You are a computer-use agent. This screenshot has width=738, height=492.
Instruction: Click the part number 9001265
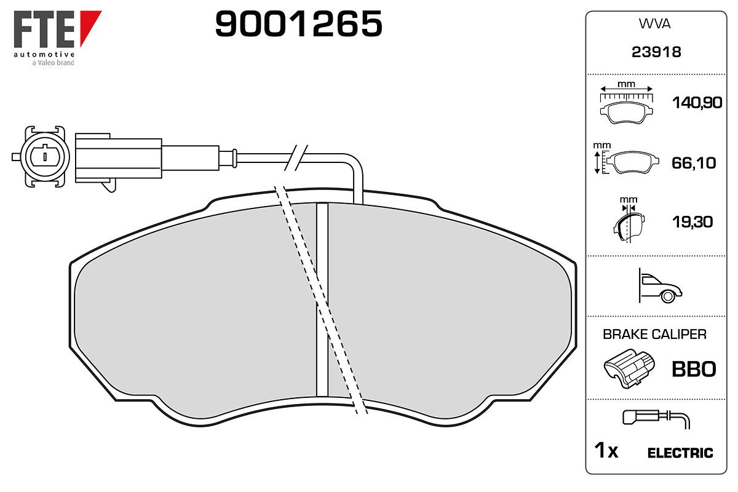[x=298, y=23]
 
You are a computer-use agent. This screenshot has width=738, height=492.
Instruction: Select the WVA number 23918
[x=656, y=52]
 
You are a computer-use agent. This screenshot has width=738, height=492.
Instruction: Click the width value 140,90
[x=697, y=103]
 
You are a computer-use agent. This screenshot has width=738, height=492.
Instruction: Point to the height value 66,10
[x=694, y=163]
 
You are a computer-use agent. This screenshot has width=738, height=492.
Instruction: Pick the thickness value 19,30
[x=692, y=222]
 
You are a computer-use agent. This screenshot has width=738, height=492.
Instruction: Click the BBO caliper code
[x=694, y=370]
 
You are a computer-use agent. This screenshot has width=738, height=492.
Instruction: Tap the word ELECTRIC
[x=680, y=453]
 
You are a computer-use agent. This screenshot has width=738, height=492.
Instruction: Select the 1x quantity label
[x=606, y=450]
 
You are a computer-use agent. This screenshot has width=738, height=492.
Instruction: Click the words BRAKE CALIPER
[x=654, y=335]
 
